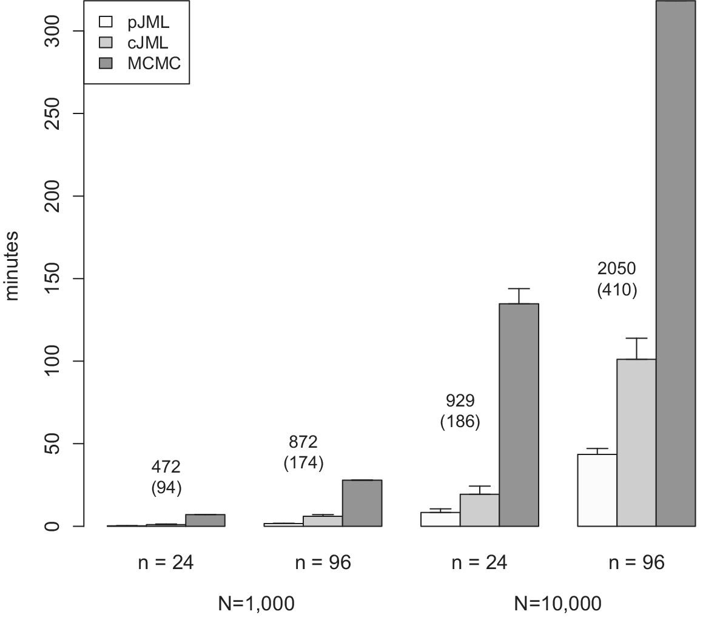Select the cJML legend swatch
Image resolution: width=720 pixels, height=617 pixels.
tap(106, 43)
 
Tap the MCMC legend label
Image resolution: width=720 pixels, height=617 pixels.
tap(154, 63)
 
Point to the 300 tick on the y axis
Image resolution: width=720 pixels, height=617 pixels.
tap(54, 31)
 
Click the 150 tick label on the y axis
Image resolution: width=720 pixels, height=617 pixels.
tap(54, 278)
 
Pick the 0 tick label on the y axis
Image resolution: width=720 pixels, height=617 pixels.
tap(54, 526)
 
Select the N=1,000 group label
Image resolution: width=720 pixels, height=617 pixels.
tap(257, 603)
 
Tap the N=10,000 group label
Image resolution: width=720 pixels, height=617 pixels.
tap(557, 603)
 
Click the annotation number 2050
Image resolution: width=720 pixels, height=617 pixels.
tap(617, 268)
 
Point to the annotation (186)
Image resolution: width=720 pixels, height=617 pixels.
tap(460, 422)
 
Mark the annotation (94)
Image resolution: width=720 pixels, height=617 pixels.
tap(166, 488)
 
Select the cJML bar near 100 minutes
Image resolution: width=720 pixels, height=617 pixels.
tap(636, 442)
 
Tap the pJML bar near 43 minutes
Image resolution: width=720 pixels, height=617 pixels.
tap(597, 490)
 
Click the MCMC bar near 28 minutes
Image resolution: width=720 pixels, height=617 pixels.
tap(362, 503)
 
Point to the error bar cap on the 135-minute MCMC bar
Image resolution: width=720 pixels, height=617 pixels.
tap(519, 289)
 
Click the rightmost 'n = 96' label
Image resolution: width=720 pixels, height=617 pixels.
tap(636, 563)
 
